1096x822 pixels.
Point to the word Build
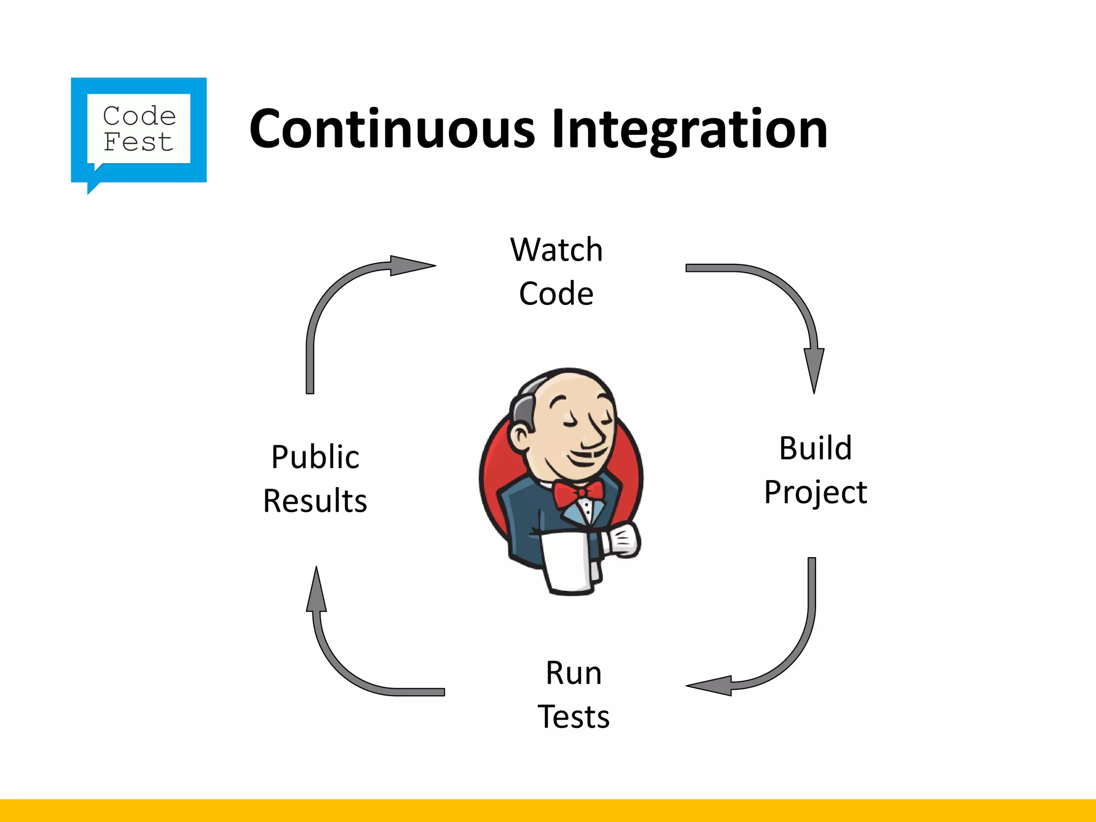click(x=815, y=448)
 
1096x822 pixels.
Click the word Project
click(x=815, y=492)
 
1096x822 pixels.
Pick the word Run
click(x=574, y=673)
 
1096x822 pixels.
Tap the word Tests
click(x=574, y=717)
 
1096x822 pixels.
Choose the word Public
click(x=315, y=457)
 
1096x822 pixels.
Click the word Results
click(x=315, y=501)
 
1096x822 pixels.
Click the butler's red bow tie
click(x=578, y=491)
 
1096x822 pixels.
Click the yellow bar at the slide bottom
click(x=548, y=810)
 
